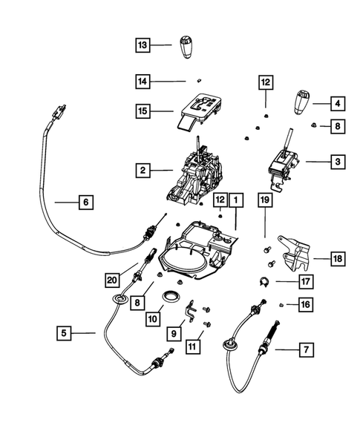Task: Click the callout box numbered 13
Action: tap(143, 46)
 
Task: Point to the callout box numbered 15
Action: tap(143, 111)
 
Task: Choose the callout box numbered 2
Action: tap(143, 171)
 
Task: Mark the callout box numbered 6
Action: tap(85, 201)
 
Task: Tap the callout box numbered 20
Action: tap(111, 279)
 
